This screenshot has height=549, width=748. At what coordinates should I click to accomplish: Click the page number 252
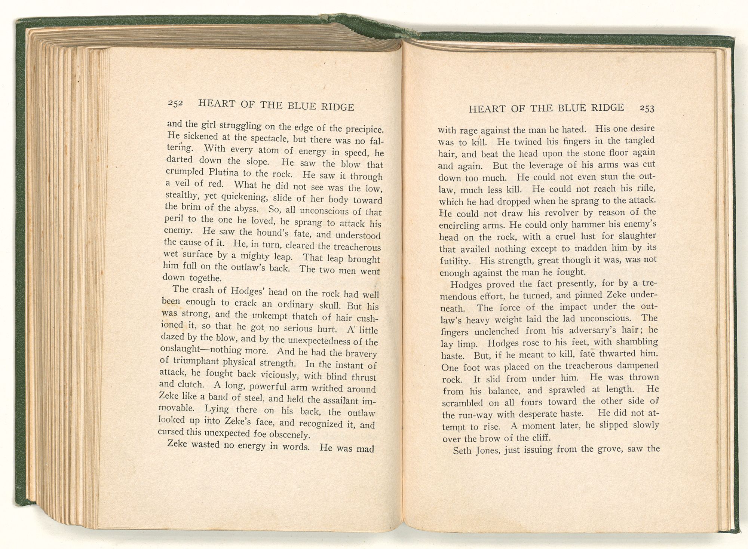[175, 103]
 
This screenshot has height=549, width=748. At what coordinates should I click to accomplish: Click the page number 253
[647, 108]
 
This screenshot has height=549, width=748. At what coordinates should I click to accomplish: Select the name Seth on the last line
[463, 450]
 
